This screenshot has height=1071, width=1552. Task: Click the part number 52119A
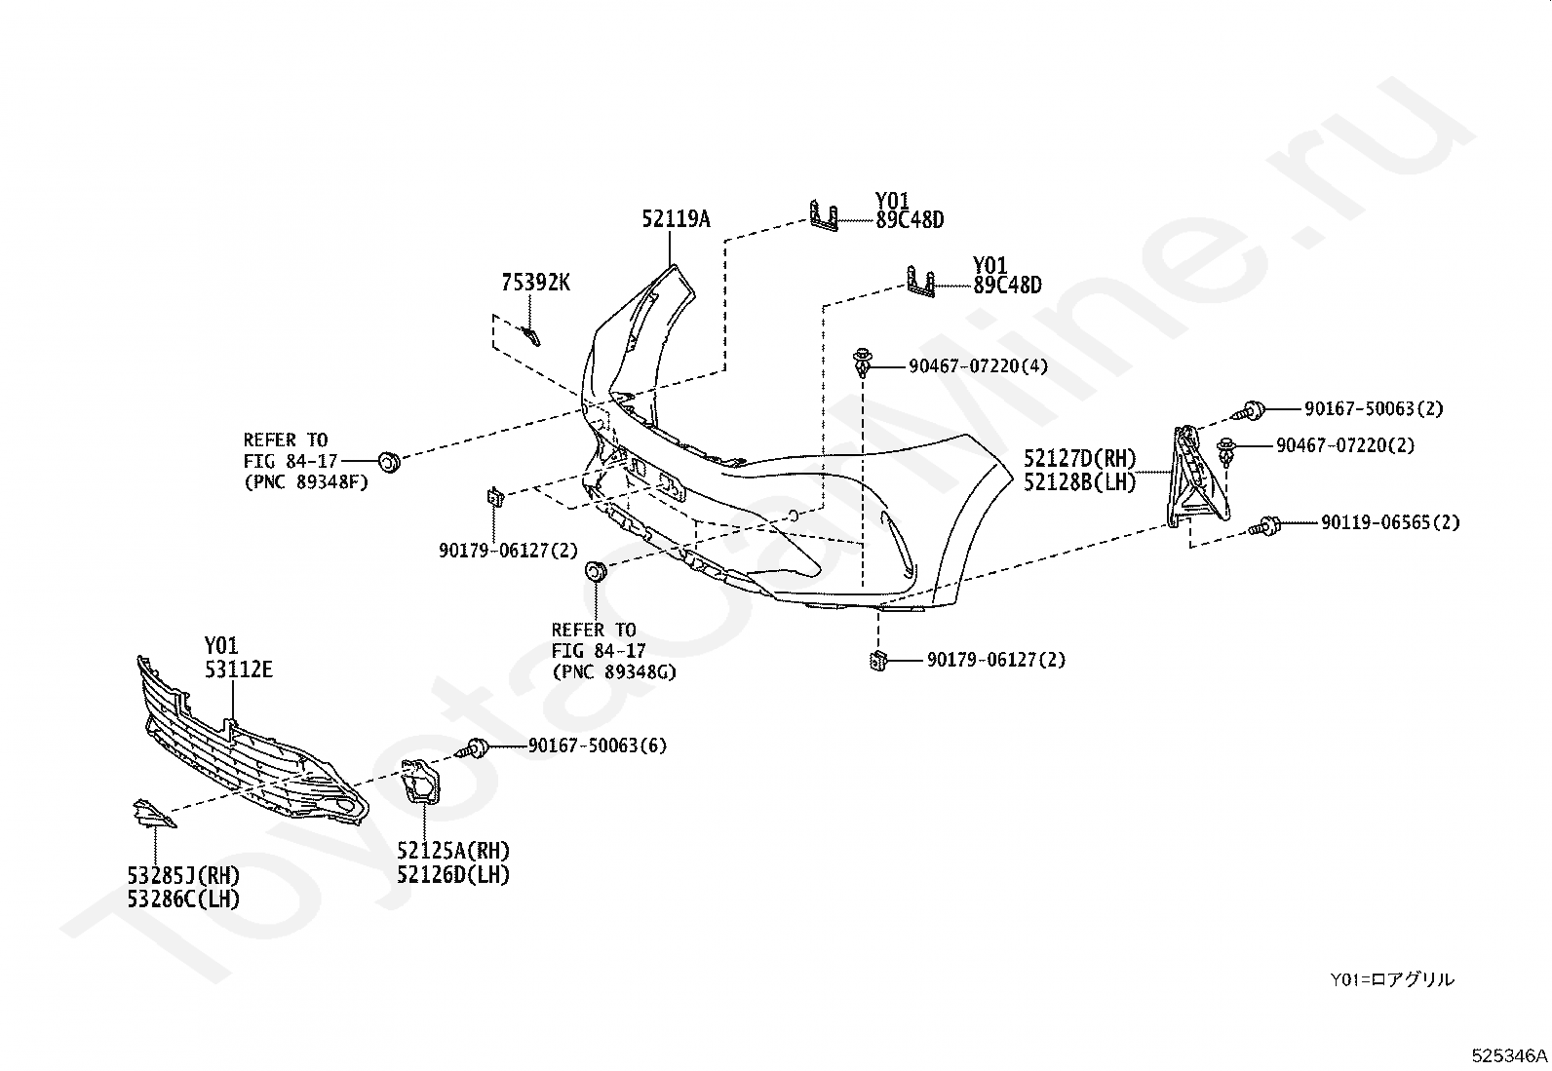click(676, 220)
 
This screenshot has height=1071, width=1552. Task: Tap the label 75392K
click(535, 284)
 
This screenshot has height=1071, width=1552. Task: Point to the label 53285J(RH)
click(183, 875)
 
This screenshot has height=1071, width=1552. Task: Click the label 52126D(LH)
click(453, 875)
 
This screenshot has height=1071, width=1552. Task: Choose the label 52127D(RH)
click(1080, 458)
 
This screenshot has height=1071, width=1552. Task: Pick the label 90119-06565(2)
click(1390, 523)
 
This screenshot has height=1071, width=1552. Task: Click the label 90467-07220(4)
click(978, 367)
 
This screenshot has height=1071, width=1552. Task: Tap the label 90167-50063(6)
click(598, 746)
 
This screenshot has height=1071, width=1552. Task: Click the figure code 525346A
click(1509, 1055)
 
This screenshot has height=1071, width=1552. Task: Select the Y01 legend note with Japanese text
click(1391, 979)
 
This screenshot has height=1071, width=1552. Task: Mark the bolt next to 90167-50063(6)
click(477, 748)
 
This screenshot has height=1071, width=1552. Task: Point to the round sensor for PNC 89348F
click(388, 459)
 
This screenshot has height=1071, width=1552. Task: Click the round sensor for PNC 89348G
click(594, 571)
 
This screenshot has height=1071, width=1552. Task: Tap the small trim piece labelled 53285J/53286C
click(152, 814)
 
